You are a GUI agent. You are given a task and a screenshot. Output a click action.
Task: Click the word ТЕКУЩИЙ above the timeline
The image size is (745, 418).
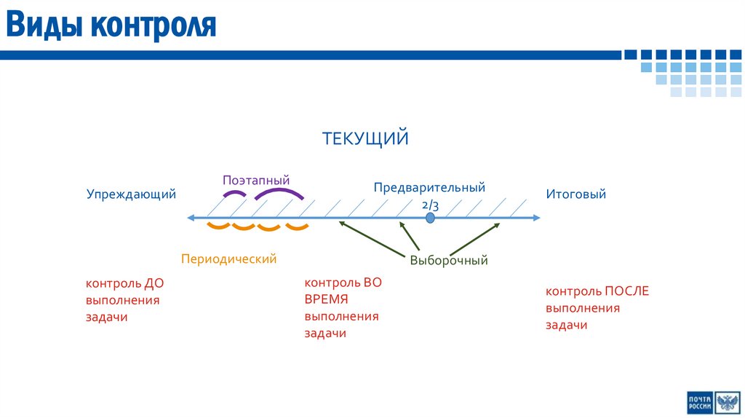point(366,138)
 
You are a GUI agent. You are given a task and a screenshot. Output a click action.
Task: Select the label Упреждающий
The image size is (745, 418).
point(132,194)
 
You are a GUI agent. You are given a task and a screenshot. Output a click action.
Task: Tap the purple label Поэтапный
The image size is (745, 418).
point(256,180)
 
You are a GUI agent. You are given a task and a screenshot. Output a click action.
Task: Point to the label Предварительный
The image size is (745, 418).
point(429,188)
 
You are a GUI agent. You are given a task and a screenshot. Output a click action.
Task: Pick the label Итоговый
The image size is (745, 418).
point(575,194)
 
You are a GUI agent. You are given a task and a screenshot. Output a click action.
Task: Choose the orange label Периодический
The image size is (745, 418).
point(228,259)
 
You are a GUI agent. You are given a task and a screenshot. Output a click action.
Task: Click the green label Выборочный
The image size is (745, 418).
point(448,260)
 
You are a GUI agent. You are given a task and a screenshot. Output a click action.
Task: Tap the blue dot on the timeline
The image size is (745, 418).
point(431,218)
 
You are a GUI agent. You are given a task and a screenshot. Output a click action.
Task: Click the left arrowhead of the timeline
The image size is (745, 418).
point(191,218)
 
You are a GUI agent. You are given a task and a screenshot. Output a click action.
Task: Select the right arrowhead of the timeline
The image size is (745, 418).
point(536,218)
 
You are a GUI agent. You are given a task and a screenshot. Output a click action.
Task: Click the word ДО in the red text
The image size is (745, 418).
point(155,283)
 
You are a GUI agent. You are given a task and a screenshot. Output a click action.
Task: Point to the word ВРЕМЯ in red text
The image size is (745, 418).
point(327,299)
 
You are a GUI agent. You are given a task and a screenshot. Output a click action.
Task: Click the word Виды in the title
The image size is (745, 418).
point(44,25)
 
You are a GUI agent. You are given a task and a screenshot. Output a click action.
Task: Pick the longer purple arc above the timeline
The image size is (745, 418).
point(279,192)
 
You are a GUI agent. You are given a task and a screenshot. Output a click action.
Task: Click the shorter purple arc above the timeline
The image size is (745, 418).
point(234,194)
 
